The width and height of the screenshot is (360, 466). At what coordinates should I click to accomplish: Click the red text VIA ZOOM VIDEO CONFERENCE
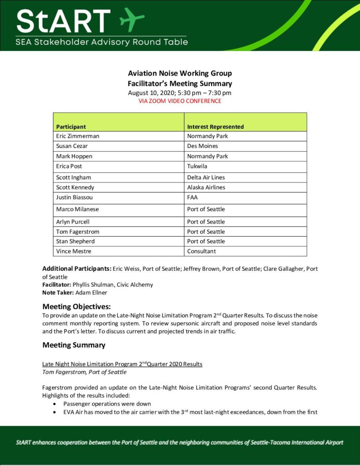coord(180,101)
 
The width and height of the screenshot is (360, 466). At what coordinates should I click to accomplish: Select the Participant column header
coord(71,127)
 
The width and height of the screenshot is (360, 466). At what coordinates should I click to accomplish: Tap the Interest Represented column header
coord(215,127)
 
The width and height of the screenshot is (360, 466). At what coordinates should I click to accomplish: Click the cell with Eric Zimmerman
coord(77,136)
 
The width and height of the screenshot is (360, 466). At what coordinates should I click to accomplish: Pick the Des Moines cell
coord(203,146)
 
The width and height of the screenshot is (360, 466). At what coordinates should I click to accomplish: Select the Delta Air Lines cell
coord(206,177)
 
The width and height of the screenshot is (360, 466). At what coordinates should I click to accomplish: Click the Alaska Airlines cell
coord(206,187)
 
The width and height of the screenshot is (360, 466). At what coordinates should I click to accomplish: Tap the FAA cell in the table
coord(193,198)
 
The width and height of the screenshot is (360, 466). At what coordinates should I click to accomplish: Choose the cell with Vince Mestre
coord(73,251)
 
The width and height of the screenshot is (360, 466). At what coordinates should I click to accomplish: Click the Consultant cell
coord(202,251)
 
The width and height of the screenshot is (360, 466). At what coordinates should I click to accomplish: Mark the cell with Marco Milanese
coord(77,209)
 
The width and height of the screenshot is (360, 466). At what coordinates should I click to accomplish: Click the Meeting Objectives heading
coord(76,306)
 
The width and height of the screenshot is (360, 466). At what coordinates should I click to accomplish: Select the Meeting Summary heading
coord(74,345)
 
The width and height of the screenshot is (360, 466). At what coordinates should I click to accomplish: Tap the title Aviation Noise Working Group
coord(180,73)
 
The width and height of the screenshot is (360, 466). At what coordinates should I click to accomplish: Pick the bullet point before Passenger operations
coord(55,404)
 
